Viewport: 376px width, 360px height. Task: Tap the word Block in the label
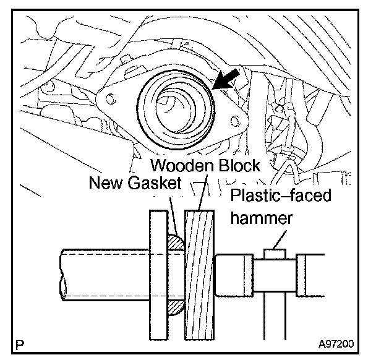click(239, 166)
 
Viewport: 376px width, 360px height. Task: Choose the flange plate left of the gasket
click(160, 272)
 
